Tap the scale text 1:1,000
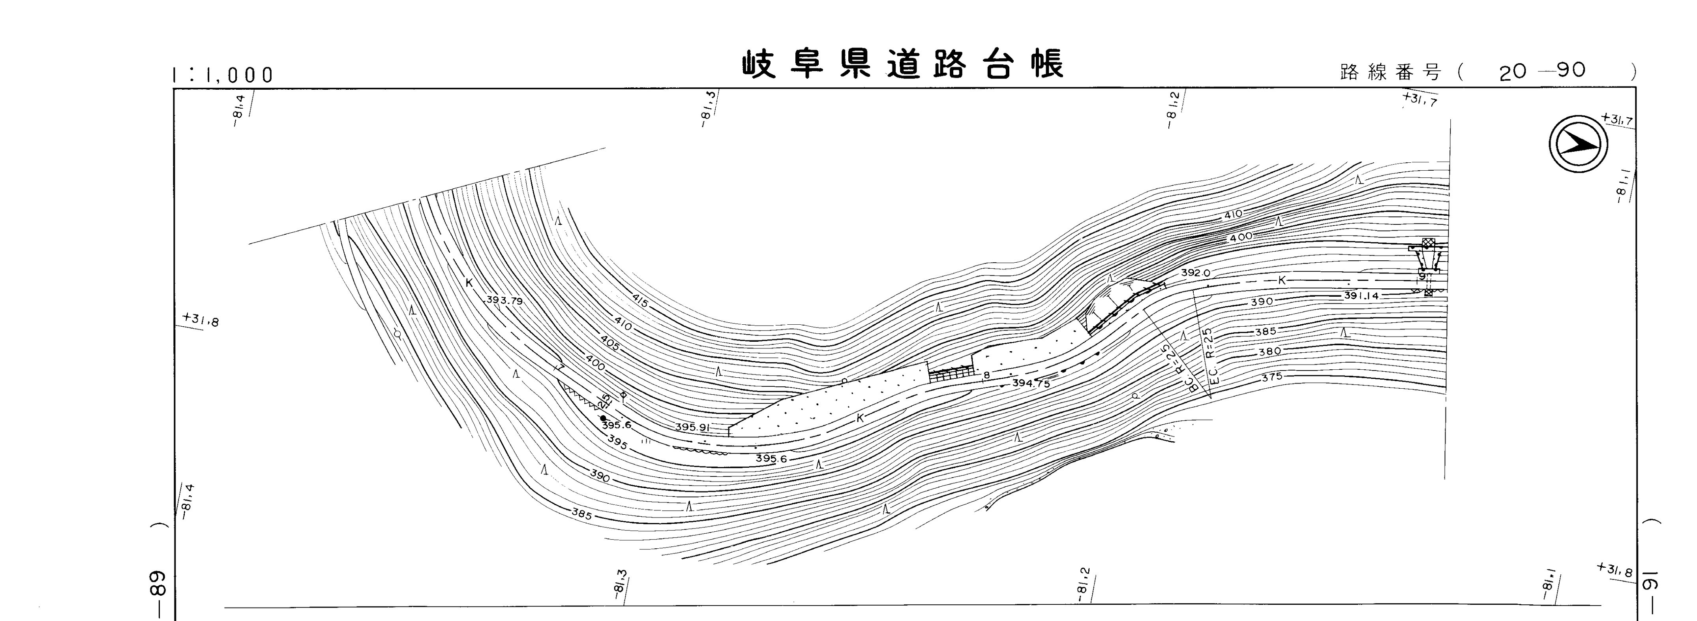pos(223,75)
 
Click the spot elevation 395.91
pos(692,427)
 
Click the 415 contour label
pos(639,301)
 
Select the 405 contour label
pos(609,343)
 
